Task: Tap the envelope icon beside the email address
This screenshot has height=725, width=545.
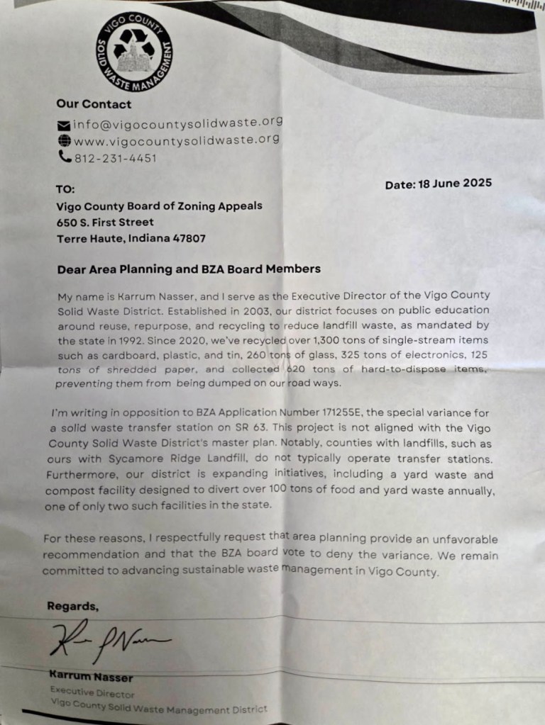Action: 63,124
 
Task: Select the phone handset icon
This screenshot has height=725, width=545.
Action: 63,157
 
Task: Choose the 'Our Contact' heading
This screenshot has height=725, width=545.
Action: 94,104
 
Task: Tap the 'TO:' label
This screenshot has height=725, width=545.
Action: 65,189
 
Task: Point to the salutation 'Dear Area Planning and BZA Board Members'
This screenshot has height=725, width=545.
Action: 188,269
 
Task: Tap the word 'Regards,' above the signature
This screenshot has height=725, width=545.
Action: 72,606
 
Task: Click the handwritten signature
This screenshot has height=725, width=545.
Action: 106,641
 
